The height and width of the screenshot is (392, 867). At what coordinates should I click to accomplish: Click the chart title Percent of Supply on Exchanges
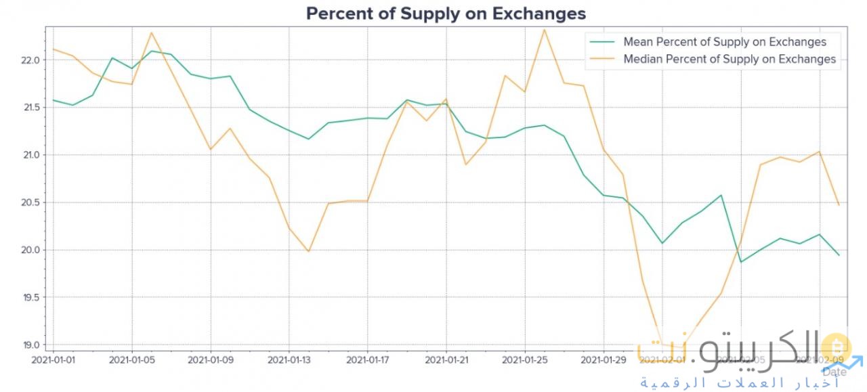(x=446, y=14)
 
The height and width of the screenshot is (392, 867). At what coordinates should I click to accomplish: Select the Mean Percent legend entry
(x=724, y=42)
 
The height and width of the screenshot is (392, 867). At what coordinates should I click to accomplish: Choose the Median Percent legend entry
(x=729, y=60)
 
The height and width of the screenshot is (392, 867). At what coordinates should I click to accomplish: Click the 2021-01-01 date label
(x=54, y=360)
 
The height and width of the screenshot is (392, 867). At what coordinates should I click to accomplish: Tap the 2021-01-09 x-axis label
(x=211, y=360)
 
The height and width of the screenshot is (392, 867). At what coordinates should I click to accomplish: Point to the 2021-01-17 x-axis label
(x=368, y=360)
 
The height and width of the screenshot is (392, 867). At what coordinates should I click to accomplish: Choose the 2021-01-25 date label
(x=525, y=360)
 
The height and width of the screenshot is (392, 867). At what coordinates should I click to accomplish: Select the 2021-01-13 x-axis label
(x=289, y=360)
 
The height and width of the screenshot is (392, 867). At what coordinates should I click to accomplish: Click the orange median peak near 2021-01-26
(x=544, y=29)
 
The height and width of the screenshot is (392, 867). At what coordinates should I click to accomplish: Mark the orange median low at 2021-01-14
(x=308, y=251)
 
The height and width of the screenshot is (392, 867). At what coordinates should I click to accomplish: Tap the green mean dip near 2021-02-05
(x=740, y=262)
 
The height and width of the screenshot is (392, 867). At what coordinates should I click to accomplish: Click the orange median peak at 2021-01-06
(x=152, y=32)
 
